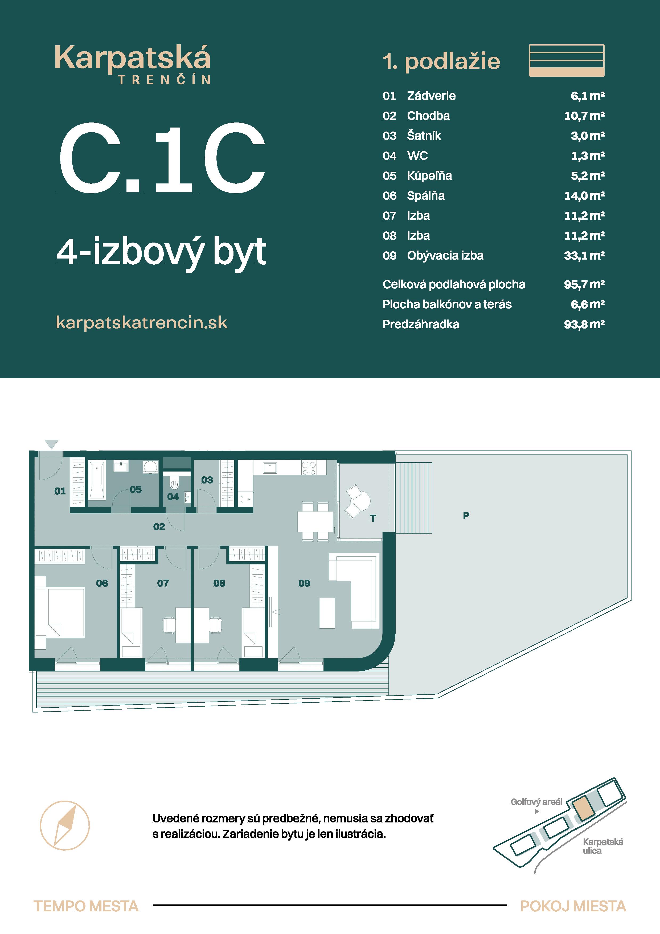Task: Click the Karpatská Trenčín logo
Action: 133,64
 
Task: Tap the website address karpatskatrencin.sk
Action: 142,323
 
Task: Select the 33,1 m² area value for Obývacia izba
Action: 584,256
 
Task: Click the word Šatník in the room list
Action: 424,136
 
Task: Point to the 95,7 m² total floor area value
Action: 584,284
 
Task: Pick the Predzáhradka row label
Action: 421,324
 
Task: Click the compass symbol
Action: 65,825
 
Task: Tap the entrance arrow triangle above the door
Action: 52,444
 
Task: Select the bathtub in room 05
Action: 97,480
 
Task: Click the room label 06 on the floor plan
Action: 102,583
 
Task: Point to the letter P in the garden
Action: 466,515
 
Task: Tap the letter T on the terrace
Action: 373,518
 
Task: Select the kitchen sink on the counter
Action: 270,468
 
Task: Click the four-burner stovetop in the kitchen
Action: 309,468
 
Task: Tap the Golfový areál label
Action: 536,802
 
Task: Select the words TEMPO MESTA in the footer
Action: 86,906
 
